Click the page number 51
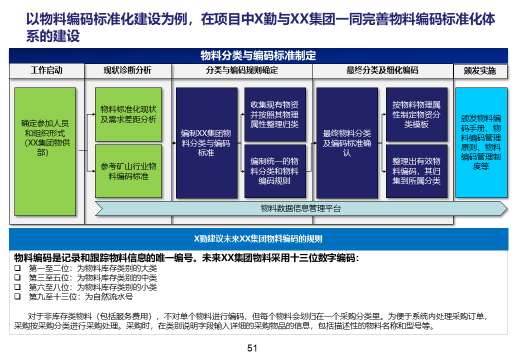click(x=252, y=348)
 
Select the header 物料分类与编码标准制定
click(x=258, y=55)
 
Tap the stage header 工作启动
click(x=46, y=70)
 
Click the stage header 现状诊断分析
click(x=127, y=70)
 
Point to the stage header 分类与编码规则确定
click(x=242, y=70)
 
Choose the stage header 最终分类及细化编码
click(x=382, y=70)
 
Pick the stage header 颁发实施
click(x=480, y=71)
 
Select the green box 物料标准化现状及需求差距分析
click(x=128, y=114)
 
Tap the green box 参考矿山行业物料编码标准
click(x=128, y=171)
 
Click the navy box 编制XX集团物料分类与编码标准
click(x=206, y=143)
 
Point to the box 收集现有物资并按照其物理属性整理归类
click(x=274, y=114)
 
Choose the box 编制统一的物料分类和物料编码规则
click(x=274, y=171)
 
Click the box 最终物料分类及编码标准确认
click(x=347, y=143)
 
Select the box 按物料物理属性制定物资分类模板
click(x=416, y=114)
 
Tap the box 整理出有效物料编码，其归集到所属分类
click(x=416, y=171)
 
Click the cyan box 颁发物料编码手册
click(x=481, y=142)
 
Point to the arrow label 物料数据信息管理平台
click(x=301, y=208)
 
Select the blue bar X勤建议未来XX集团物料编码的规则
click(x=258, y=239)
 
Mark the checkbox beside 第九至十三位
click(x=17, y=296)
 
